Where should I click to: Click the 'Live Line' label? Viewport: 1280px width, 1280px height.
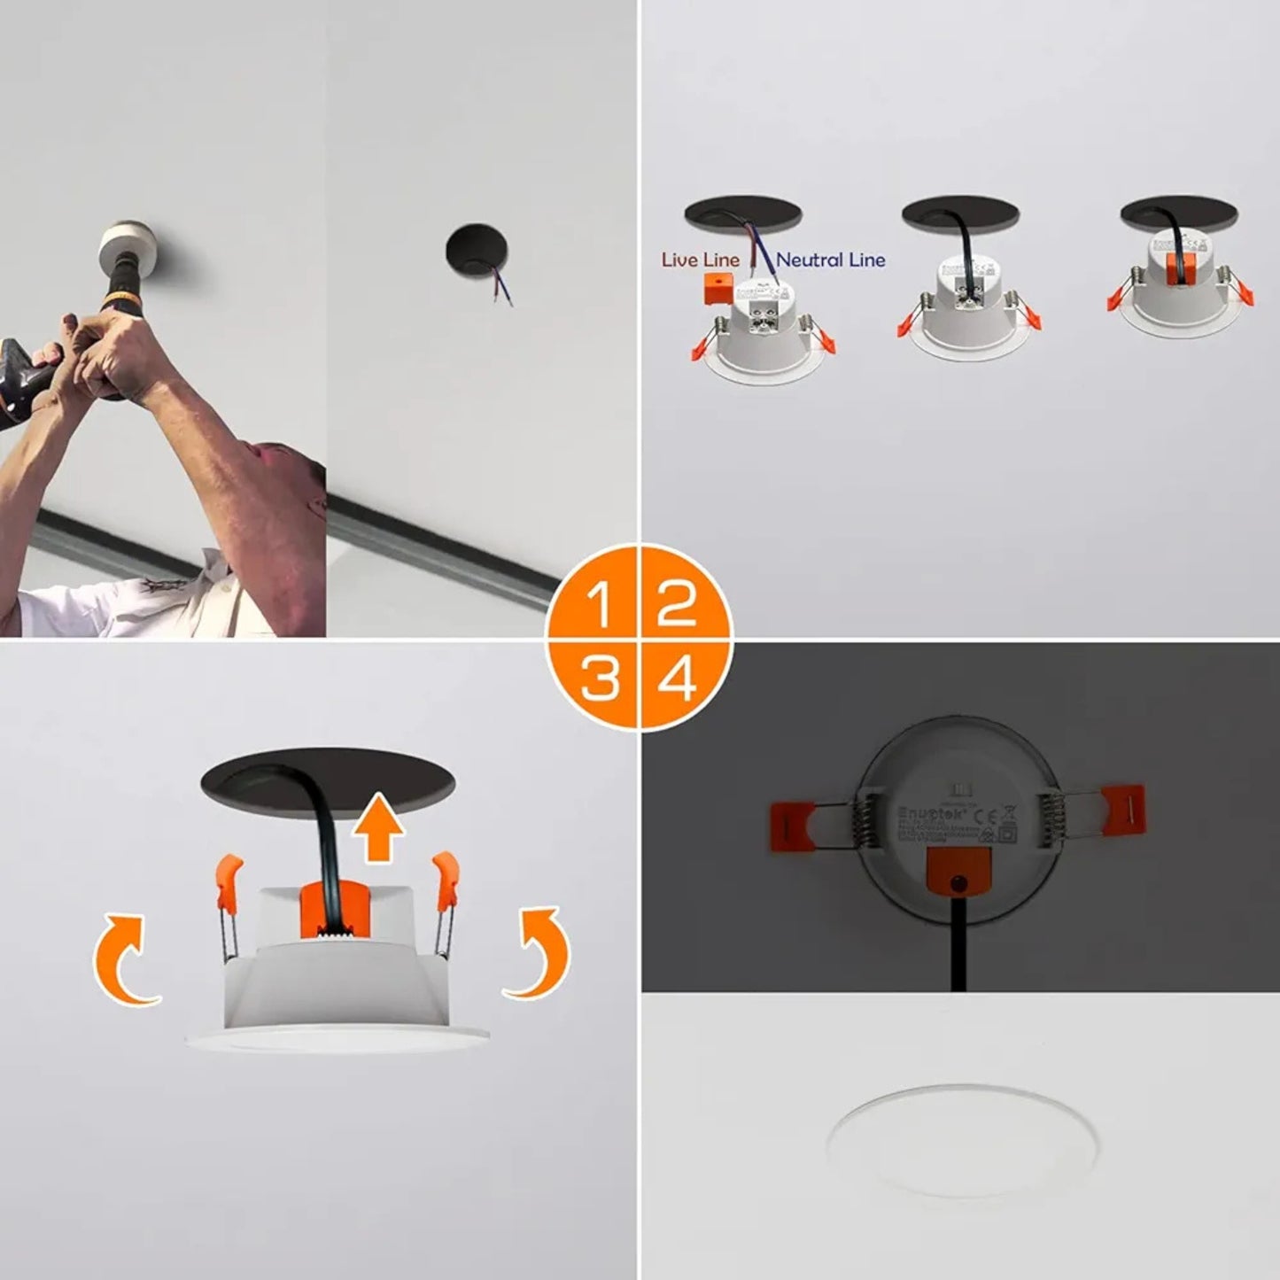click(700, 260)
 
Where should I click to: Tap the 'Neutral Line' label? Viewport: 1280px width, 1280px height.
click(831, 260)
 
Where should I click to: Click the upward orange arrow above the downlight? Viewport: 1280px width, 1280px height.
click(380, 828)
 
